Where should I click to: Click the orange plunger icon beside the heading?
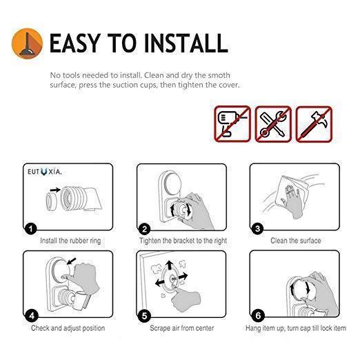coord(27,43)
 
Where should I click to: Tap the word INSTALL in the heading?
coord(186,43)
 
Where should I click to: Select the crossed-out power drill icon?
coord(232,124)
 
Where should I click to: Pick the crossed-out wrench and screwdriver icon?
coord(273,124)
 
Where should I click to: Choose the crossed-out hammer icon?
coord(314,124)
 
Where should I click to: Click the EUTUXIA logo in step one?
coord(45,172)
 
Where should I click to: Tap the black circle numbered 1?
coord(31,228)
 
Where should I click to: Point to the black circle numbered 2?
coord(145,229)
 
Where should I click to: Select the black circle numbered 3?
coord(257,228)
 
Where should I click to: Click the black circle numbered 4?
coord(32,316)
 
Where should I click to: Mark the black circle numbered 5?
coord(144,316)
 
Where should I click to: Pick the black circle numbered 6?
coord(258,316)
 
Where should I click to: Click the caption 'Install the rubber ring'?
coord(70,241)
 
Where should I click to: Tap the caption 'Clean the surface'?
coord(296,241)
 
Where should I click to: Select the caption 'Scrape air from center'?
coord(182,328)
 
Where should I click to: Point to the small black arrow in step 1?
coord(55,190)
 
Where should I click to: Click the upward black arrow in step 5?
coord(170,266)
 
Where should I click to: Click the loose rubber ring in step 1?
coord(51,201)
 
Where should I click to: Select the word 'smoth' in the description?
coord(219,75)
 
